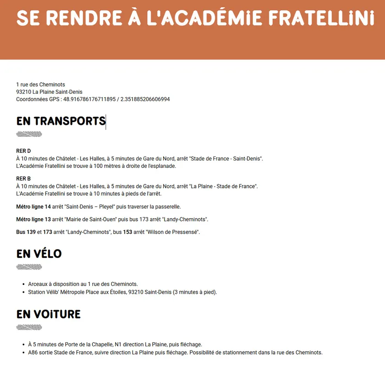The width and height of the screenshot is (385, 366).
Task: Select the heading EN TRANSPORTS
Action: coord(61,121)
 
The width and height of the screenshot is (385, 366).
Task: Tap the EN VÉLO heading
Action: coord(39,254)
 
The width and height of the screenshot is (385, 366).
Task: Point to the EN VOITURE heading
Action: coord(48,314)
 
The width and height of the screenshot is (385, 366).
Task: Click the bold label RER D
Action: coord(23,151)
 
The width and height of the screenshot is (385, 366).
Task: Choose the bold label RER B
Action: coord(23,179)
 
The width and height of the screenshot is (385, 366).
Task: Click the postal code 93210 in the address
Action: coord(24,92)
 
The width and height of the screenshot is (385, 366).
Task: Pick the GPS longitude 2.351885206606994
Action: coord(145,99)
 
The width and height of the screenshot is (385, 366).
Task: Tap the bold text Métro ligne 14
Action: coord(33,207)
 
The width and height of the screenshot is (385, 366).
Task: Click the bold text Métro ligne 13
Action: coord(33,220)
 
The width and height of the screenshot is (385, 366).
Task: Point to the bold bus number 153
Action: coord(128,232)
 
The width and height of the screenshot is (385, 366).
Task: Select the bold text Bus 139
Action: coord(26,232)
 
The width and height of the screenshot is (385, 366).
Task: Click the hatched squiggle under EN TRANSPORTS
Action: coord(29,135)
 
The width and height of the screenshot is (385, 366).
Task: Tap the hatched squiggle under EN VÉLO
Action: coord(29,267)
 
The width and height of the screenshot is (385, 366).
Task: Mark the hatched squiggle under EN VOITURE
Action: coord(29,328)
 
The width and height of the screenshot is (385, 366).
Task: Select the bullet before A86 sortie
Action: coord(23,353)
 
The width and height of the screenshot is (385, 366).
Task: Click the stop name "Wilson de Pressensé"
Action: coord(172,232)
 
